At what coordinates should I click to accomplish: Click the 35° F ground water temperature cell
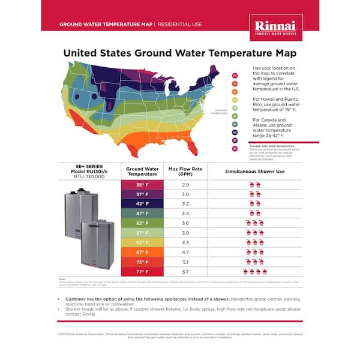pyautogui.click(x=142, y=185)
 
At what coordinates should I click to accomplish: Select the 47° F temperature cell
pyautogui.click(x=142, y=213)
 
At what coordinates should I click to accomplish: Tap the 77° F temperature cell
pyautogui.click(x=142, y=271)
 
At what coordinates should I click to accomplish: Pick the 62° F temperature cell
pyautogui.click(x=142, y=242)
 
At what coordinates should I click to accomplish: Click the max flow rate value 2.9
pyautogui.click(x=185, y=185)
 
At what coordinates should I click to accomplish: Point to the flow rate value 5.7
pyautogui.click(x=185, y=271)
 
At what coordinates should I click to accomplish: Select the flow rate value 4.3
pyautogui.click(x=185, y=242)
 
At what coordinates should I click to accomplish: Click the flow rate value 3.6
pyautogui.click(x=185, y=223)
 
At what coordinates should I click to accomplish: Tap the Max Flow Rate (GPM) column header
pyautogui.click(x=185, y=172)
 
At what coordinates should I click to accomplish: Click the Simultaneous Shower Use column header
pyautogui.click(x=254, y=171)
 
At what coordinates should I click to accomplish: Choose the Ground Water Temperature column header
pyautogui.click(x=142, y=172)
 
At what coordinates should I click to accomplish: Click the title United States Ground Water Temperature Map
pyautogui.click(x=179, y=53)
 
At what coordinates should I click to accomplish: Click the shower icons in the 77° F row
pyautogui.click(x=254, y=272)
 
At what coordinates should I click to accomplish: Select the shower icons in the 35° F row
pyautogui.click(x=254, y=185)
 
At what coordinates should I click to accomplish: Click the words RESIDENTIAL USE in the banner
pyautogui.click(x=179, y=25)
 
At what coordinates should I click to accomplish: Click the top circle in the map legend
pyautogui.click(x=235, y=76)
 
